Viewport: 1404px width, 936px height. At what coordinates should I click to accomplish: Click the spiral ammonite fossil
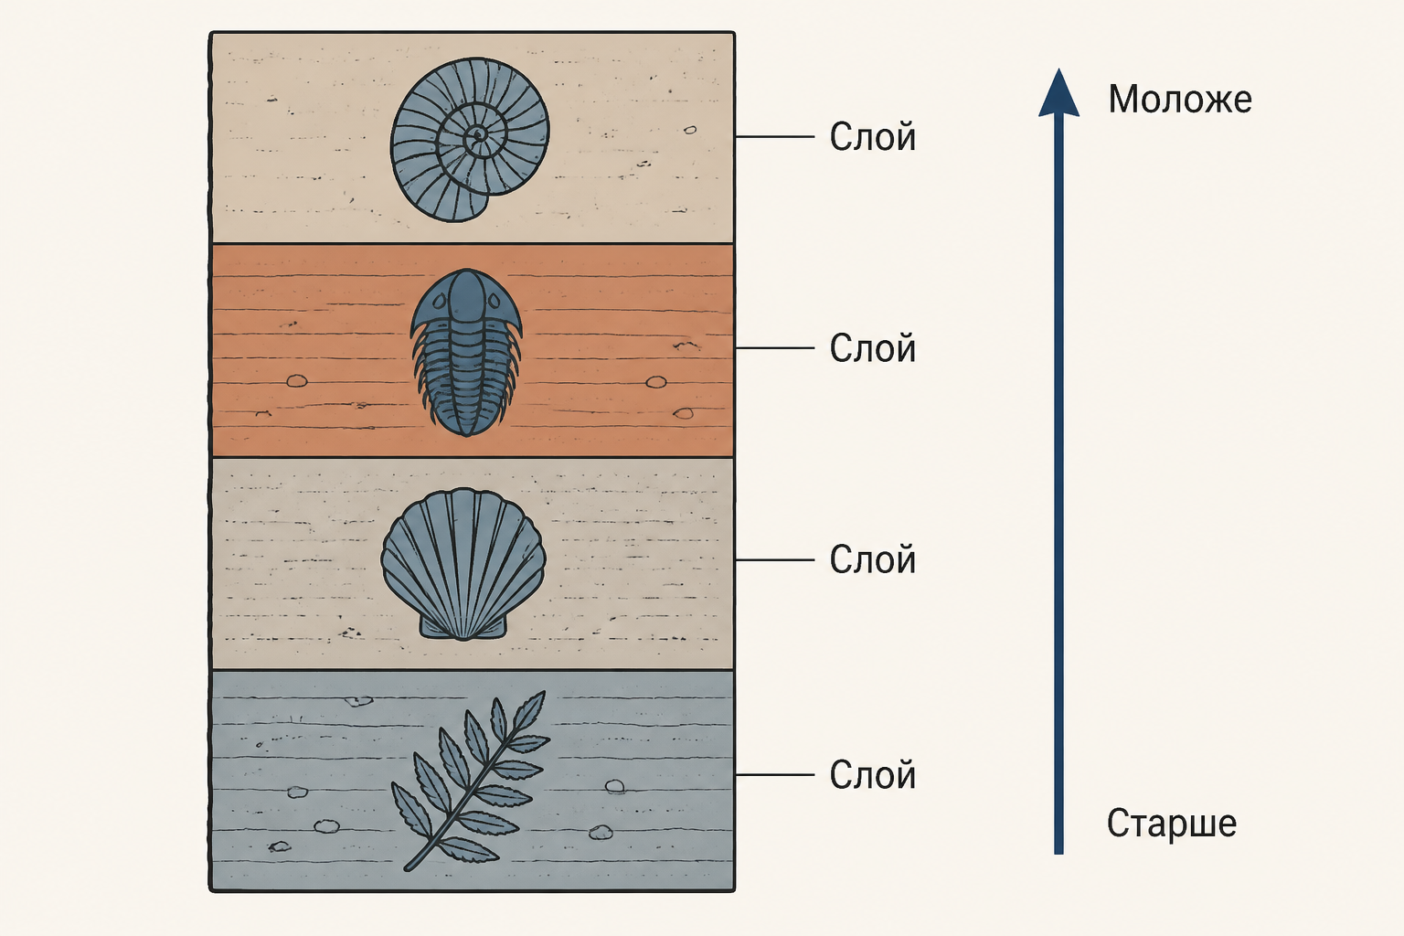click(x=470, y=140)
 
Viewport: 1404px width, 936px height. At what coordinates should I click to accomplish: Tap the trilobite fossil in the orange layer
click(x=466, y=352)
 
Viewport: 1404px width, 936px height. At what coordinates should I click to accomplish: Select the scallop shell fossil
click(x=463, y=564)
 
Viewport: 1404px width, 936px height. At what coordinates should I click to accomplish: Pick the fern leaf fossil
click(x=470, y=782)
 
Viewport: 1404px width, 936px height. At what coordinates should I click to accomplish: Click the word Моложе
click(x=1180, y=99)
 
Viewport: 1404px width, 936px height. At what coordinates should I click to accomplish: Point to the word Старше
click(x=1172, y=823)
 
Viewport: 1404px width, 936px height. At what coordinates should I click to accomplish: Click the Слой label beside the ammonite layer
click(x=873, y=137)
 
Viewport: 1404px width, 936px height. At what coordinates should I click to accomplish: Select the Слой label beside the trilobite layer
click(x=873, y=348)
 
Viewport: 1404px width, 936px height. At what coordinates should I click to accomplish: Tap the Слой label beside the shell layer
click(x=873, y=559)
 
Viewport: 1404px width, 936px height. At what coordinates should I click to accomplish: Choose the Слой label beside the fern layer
click(x=873, y=775)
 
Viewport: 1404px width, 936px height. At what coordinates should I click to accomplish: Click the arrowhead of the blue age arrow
click(x=1058, y=94)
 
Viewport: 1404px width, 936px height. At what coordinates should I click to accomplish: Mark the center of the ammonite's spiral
click(x=478, y=134)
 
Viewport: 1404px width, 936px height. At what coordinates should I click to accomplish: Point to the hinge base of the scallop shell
click(x=463, y=630)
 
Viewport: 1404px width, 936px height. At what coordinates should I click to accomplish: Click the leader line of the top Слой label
click(x=775, y=136)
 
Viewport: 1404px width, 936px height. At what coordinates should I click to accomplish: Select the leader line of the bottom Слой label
click(x=775, y=775)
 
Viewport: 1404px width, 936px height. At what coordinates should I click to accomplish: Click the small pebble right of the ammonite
click(x=690, y=131)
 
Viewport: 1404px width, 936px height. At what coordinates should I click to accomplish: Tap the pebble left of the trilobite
click(x=296, y=381)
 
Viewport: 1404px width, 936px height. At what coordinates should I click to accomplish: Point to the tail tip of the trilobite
click(x=466, y=434)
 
